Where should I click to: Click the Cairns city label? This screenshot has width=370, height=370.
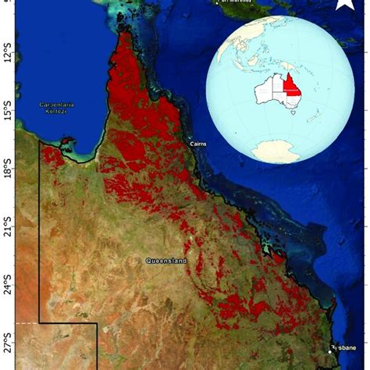[201, 144]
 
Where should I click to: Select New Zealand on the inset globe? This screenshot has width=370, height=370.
[315, 117]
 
